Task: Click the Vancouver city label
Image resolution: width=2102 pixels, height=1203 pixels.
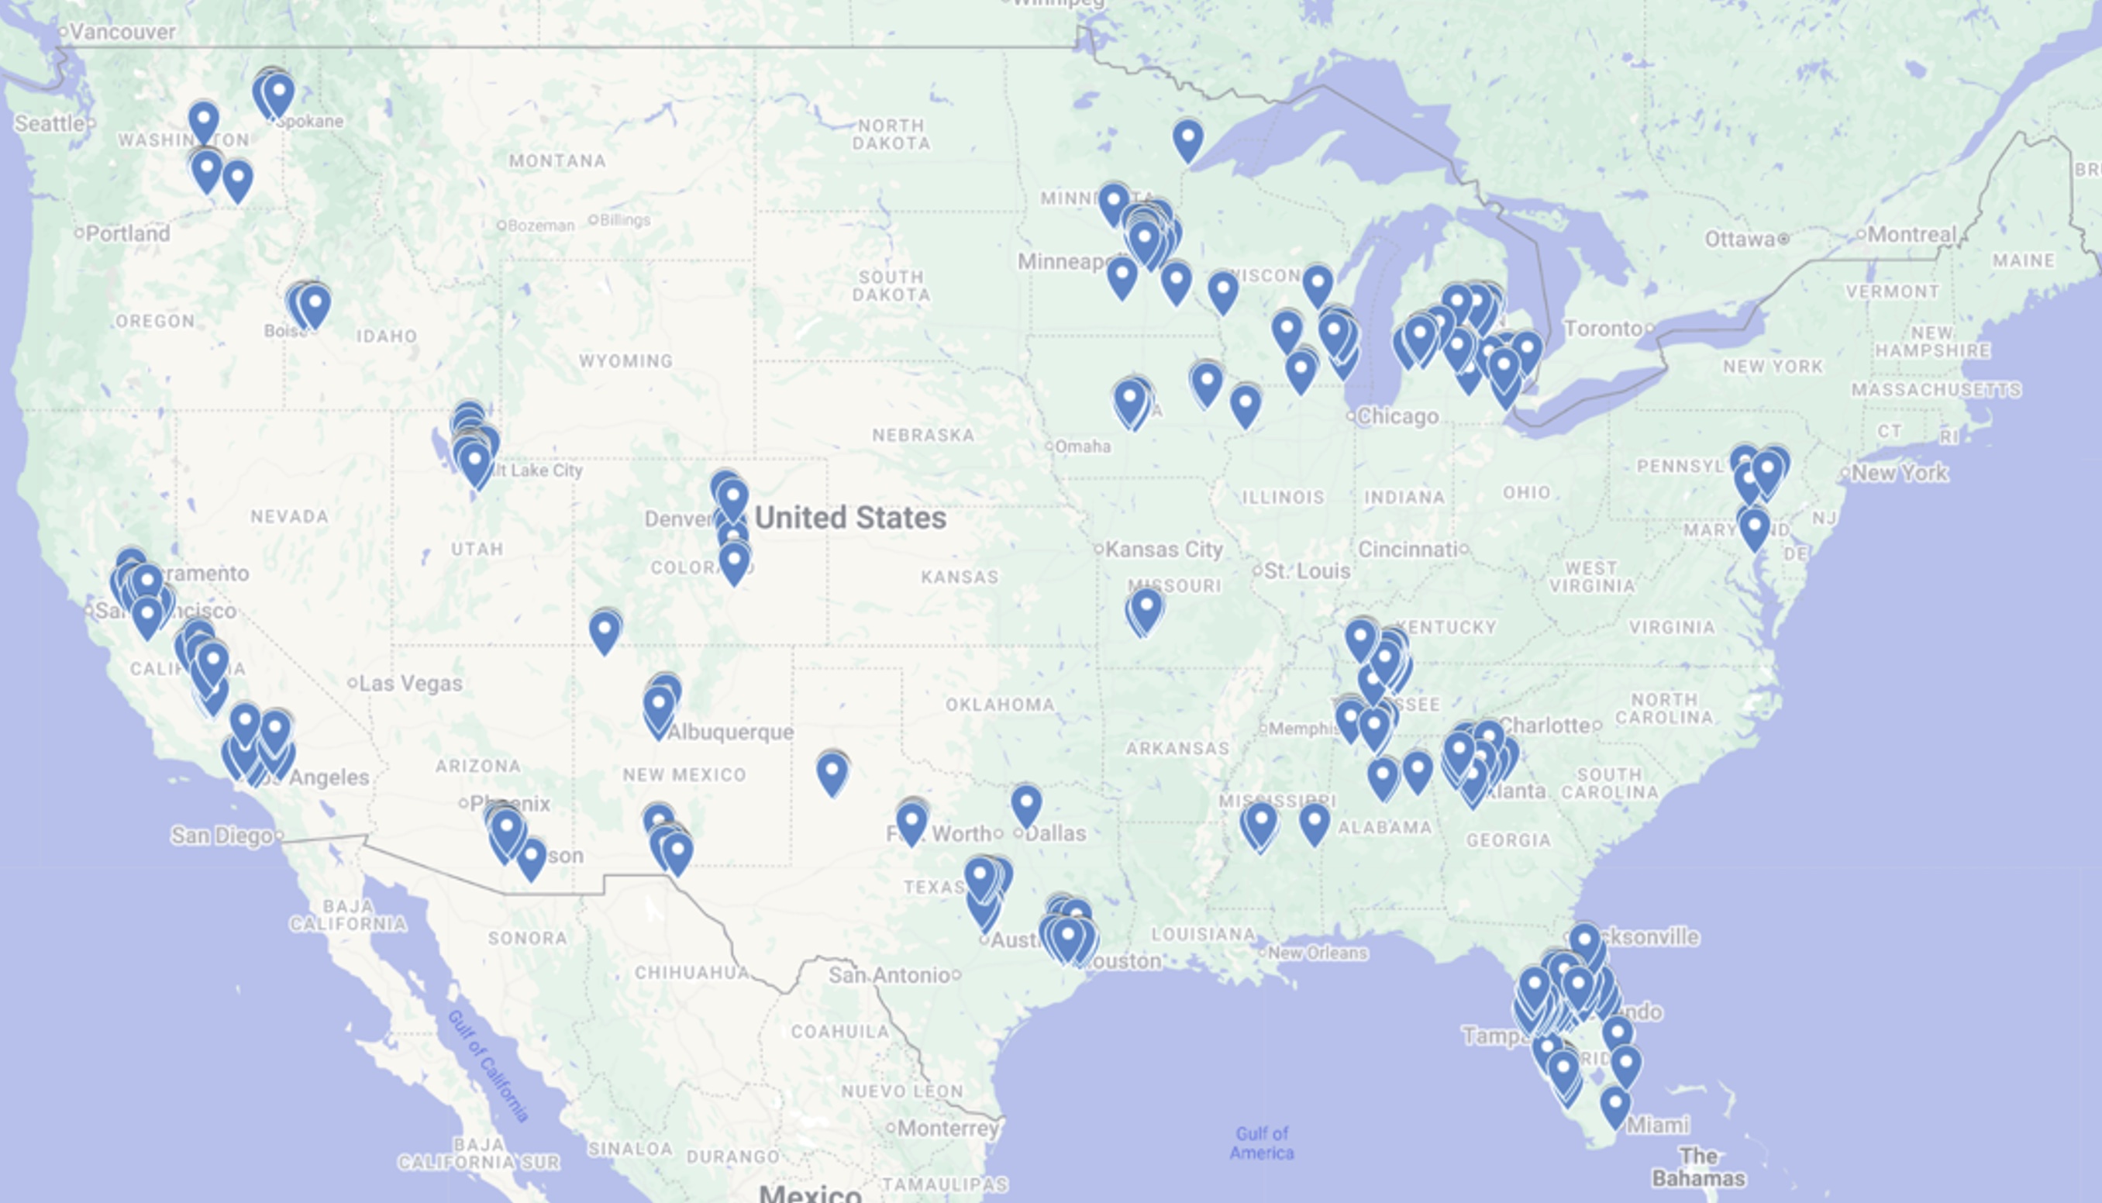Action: click(122, 33)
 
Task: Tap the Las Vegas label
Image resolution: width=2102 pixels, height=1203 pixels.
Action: click(411, 684)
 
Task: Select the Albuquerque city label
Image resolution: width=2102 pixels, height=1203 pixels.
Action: click(730, 732)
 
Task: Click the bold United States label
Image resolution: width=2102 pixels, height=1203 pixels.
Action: click(850, 518)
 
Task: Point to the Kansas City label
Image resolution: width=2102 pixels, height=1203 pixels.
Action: click(1163, 550)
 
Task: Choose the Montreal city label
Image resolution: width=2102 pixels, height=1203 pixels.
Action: click(1911, 235)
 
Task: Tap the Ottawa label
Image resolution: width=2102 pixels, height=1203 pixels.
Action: click(1739, 240)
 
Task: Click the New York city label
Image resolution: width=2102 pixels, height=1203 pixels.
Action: click(1899, 474)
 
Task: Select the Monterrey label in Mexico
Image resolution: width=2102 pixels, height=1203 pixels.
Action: click(947, 1128)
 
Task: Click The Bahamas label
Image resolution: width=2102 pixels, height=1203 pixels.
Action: click(1698, 1167)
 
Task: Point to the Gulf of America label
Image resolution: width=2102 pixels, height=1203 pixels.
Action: click(1261, 1143)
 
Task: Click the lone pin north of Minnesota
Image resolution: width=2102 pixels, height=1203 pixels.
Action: click(1187, 138)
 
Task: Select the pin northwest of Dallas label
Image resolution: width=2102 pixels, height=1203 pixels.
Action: click(1025, 802)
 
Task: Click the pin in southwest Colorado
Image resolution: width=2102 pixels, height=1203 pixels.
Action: click(605, 630)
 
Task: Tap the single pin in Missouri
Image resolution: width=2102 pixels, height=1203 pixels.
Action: click(1146, 608)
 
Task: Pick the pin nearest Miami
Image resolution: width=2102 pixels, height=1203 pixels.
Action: click(1615, 1105)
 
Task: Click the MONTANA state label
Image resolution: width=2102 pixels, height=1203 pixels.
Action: click(557, 161)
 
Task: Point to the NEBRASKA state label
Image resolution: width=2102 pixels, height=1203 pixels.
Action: click(922, 436)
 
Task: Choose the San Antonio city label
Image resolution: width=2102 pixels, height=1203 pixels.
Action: click(889, 975)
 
